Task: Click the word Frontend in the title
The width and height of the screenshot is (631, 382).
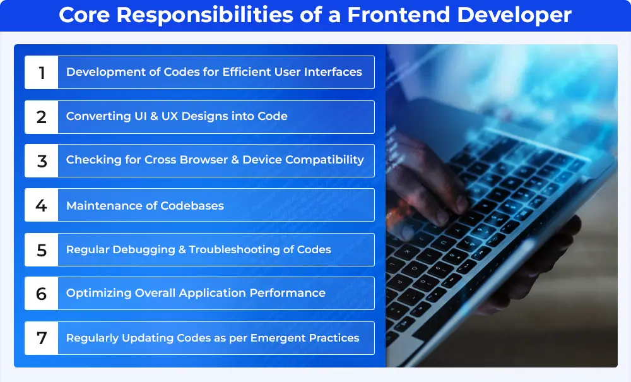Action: tap(398, 15)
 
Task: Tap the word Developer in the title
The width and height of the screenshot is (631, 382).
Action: tap(514, 15)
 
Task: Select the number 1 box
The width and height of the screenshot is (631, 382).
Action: tap(42, 73)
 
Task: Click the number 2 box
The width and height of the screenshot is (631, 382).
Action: tap(42, 117)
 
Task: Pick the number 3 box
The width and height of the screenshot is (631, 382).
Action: tap(42, 161)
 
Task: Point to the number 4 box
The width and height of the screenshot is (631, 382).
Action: tap(42, 205)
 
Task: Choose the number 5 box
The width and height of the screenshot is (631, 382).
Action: tap(42, 249)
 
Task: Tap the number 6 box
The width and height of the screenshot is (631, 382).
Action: tap(42, 294)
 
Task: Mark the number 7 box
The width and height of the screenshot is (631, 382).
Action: tap(42, 338)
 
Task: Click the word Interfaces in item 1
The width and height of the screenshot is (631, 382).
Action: tap(333, 71)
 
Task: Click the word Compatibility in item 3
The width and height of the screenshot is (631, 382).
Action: tap(324, 160)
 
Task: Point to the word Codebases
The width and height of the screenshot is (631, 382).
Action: tap(192, 206)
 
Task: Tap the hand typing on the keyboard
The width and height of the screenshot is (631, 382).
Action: tap(427, 181)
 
